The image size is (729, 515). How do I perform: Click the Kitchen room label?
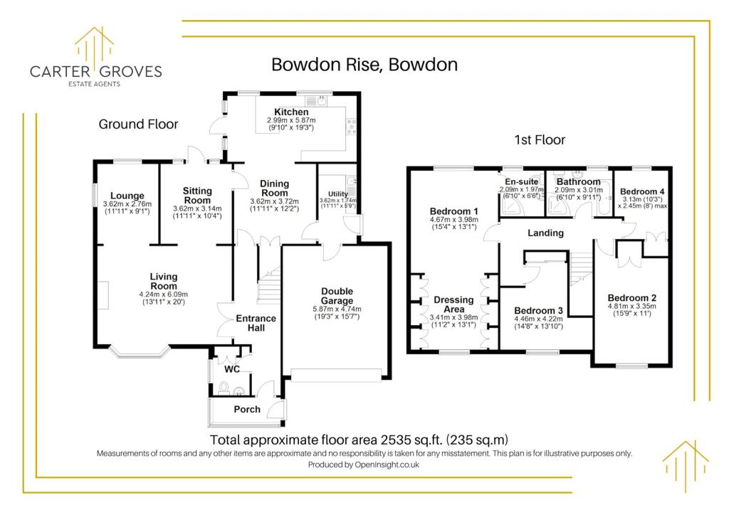291,112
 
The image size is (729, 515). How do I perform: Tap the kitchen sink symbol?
317,101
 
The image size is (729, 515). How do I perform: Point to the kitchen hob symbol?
350,127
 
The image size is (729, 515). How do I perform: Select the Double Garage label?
337,296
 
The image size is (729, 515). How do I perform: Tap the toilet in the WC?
224,387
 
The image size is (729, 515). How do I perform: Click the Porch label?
247,409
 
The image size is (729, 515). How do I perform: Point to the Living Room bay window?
140,354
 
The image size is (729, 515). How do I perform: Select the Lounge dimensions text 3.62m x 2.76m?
127,204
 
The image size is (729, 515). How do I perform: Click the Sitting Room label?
197,196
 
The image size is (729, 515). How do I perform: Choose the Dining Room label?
274,188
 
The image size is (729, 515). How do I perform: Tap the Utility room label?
338,194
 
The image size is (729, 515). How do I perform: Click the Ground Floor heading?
138,124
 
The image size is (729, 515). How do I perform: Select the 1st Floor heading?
540,140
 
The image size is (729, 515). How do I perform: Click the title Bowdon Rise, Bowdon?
364,65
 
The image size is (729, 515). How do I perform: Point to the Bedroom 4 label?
642,191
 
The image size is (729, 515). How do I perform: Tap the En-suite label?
522,181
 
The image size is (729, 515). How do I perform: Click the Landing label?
545,233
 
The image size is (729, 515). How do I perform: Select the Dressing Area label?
453,304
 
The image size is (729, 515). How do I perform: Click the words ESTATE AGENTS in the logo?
95,84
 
